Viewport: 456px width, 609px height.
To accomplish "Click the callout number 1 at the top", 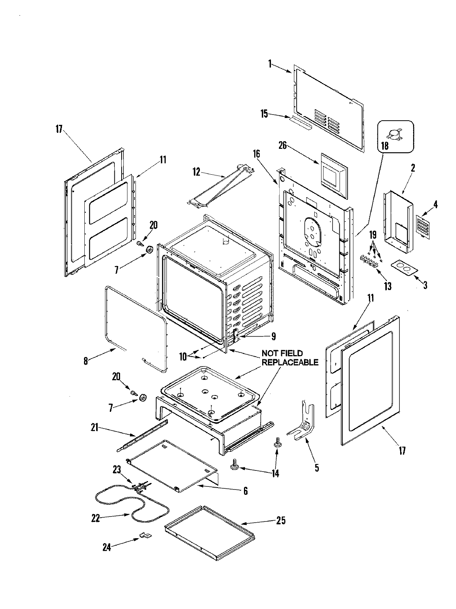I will (x=270, y=64).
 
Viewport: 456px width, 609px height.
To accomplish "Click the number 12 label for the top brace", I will (x=196, y=172).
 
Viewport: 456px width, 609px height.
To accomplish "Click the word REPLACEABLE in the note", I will (x=290, y=362).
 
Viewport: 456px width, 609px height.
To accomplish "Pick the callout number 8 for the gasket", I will (x=86, y=360).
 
